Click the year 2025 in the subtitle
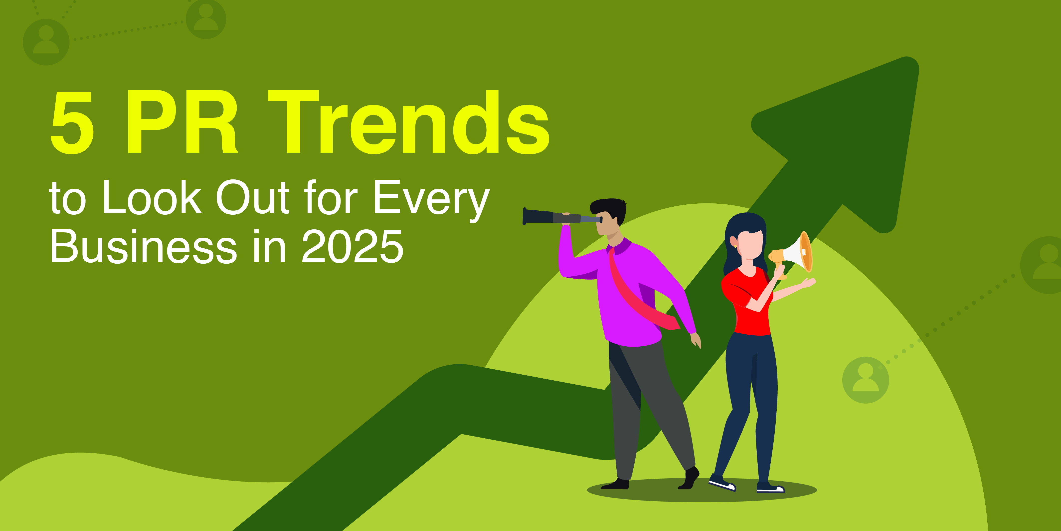coord(353,247)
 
